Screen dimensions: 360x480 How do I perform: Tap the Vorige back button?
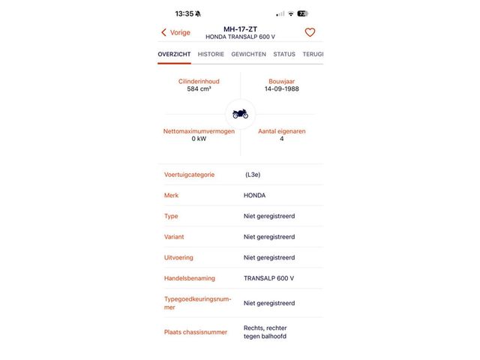(175, 32)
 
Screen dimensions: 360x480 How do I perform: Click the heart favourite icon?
(310, 32)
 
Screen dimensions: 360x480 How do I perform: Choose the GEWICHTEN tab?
(248, 54)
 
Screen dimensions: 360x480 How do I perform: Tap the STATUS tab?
(284, 54)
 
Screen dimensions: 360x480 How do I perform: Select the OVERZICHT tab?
(174, 54)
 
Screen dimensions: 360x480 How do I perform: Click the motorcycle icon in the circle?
(240, 114)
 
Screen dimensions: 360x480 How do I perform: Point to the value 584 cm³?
(199, 88)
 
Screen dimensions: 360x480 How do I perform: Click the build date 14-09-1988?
(281, 88)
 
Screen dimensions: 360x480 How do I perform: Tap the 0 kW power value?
(199, 139)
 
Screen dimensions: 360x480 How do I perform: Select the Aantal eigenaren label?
(281, 131)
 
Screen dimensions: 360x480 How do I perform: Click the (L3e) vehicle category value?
(253, 175)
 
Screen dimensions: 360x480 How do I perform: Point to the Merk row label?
(171, 195)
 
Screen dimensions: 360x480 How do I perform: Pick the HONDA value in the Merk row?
(254, 195)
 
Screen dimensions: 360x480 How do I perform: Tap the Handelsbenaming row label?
(189, 278)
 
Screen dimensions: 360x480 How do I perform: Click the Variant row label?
(174, 237)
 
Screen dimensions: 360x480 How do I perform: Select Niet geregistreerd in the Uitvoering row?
(268, 257)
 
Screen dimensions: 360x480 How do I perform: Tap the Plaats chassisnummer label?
(195, 331)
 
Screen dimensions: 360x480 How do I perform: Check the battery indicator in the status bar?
(302, 13)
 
